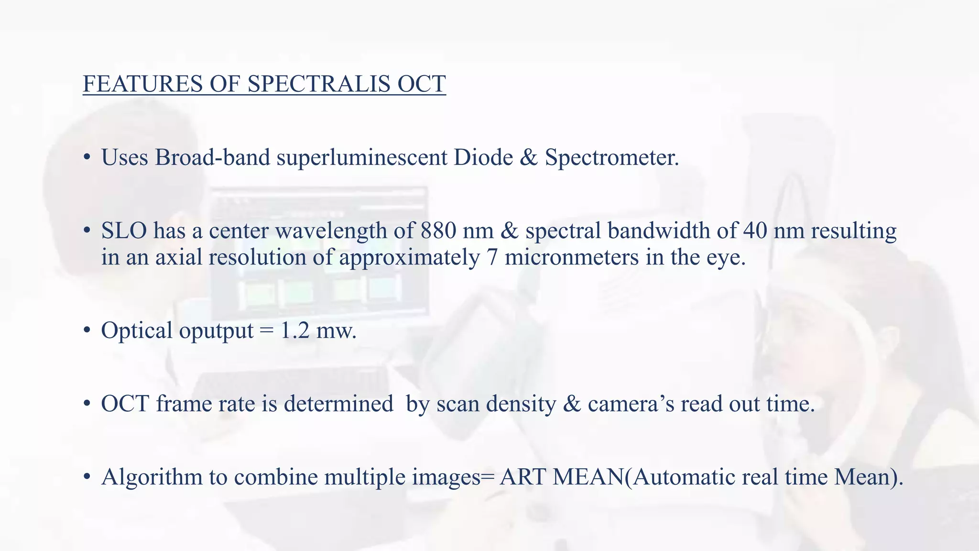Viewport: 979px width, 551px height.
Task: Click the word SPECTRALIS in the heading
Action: [x=319, y=84]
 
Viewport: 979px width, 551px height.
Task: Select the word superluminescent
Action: [x=362, y=157]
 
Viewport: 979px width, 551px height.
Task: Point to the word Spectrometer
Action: [x=612, y=157]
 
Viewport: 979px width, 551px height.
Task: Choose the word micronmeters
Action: [x=572, y=257]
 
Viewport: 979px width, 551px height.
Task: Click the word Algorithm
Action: [x=152, y=477]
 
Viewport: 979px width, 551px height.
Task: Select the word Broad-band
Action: [x=213, y=157]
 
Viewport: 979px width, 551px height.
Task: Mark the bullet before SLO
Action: [x=87, y=231]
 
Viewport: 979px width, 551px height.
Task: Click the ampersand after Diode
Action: [x=529, y=157]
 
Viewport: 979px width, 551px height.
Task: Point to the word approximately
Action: [x=410, y=258]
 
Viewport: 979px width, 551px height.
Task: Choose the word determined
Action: [x=338, y=404]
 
